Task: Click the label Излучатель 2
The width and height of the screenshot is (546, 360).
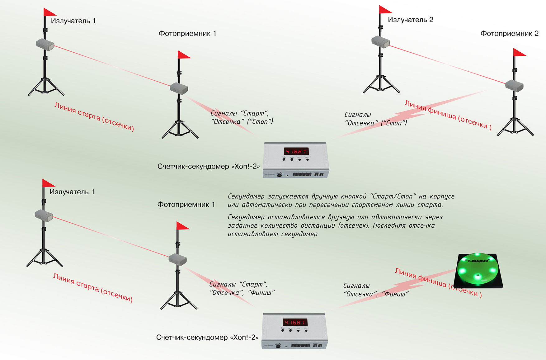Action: [410, 20]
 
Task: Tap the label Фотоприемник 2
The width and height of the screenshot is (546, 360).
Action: [509, 34]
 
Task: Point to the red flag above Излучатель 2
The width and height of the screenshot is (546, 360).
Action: [385, 10]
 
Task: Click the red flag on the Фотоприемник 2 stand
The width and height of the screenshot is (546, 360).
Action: [519, 52]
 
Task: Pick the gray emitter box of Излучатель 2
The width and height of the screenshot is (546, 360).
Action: [380, 42]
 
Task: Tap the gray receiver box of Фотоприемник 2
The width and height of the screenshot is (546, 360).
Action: [514, 85]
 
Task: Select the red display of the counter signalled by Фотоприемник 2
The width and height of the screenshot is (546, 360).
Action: [296, 151]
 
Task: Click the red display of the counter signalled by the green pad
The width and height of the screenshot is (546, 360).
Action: [295, 322]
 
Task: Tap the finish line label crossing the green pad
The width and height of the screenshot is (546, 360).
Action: [438, 282]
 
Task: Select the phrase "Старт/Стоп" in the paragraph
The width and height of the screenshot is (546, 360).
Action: [392, 197]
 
